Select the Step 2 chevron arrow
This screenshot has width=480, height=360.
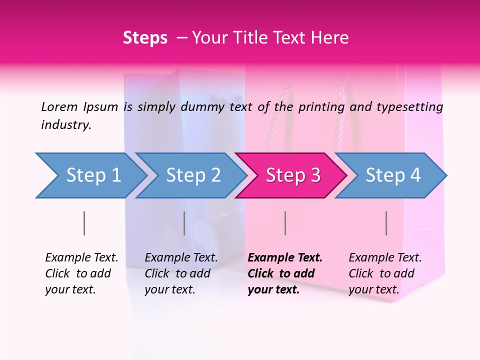click(x=192, y=175)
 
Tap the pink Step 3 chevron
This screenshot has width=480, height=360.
click(x=292, y=175)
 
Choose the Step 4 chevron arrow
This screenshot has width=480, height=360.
click(x=392, y=175)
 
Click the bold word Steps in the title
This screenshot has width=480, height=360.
click(x=145, y=38)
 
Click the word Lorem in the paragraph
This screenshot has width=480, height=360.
click(x=59, y=106)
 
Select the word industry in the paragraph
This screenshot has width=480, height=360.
click(x=66, y=125)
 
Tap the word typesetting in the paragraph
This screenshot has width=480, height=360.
click(x=410, y=106)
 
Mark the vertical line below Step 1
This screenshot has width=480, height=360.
click(x=84, y=223)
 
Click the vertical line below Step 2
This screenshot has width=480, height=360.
click(x=184, y=223)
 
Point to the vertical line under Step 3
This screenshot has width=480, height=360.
click(x=285, y=223)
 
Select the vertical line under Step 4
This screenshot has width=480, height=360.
click(x=386, y=223)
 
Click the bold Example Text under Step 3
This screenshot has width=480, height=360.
click(x=285, y=258)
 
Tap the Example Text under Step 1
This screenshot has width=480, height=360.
click(x=81, y=258)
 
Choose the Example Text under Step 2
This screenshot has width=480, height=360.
click(x=181, y=258)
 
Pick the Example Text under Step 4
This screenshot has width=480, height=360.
click(x=385, y=258)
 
